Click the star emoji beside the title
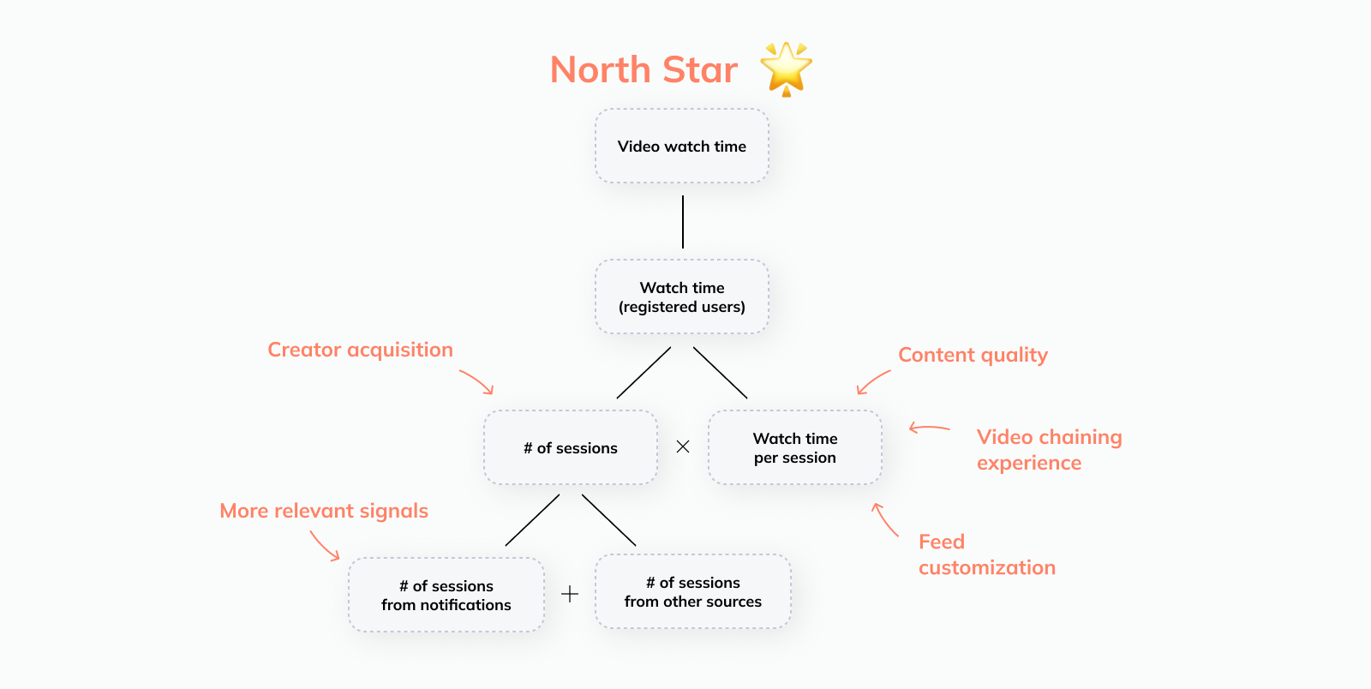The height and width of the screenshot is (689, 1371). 786,68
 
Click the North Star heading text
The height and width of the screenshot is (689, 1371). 644,69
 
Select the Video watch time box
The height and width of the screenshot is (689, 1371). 682,147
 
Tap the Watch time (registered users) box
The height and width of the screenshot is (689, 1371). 682,297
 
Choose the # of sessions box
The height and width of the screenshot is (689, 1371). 571,448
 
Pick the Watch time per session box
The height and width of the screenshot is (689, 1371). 795,448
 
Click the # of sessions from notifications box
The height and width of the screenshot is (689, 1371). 446,596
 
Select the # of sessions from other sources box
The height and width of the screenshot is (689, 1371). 693,592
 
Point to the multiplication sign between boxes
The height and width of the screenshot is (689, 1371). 683,446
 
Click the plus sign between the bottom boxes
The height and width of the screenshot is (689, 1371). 570,594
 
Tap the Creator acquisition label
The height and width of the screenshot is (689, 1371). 360,350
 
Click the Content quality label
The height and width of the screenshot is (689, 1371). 973,355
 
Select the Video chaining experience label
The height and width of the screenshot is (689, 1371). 1049,450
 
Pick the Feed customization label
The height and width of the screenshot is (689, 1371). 986,554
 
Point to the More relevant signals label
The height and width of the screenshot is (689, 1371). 324,511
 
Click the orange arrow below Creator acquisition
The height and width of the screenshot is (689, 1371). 477,381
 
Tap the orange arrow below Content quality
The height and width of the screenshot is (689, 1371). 873,382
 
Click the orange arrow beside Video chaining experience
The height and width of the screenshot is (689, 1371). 929,428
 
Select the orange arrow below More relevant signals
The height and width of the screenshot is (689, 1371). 324,545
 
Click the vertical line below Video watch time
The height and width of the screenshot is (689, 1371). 683,222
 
